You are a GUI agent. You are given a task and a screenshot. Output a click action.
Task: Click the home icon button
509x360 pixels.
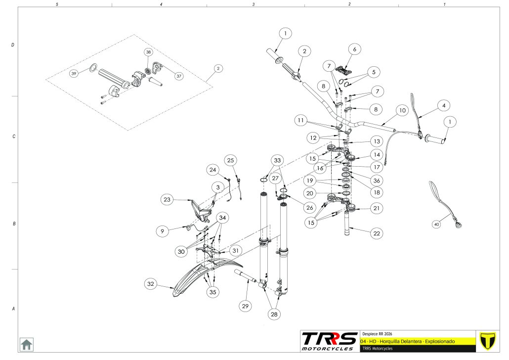[x=26, y=343]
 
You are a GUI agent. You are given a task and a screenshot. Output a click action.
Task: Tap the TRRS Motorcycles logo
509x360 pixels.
[x=329, y=341]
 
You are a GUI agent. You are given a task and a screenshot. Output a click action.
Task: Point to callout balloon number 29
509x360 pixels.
[x=245, y=307]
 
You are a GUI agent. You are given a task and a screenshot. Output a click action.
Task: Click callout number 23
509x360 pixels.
[x=167, y=199]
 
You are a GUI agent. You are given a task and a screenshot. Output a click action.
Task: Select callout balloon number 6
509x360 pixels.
[x=354, y=49]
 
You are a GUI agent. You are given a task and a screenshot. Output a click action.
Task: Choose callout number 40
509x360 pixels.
[x=436, y=225]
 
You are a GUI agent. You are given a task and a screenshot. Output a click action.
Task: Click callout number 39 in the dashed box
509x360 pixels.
[x=74, y=73]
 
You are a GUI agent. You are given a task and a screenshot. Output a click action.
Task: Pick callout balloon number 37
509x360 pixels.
[x=179, y=76]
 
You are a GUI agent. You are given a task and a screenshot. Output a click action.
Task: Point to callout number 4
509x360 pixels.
[x=444, y=105]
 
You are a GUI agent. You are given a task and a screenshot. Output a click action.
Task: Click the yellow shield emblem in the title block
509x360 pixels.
[x=488, y=341]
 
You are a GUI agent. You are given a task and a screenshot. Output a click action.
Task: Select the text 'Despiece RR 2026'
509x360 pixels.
[x=377, y=333]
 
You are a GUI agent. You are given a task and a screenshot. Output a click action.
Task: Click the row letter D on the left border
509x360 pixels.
[x=13, y=45]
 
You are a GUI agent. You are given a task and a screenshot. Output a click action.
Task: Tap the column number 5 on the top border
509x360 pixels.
[x=57, y=4]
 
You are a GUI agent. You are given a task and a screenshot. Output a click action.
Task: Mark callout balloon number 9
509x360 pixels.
[x=162, y=230]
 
